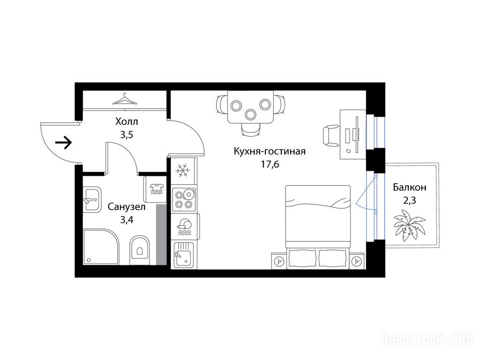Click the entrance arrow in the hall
point(63,142)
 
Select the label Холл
point(127,121)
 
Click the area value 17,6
point(270,165)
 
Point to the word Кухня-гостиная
point(270,151)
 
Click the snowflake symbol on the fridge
point(183,170)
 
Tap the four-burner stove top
point(184,199)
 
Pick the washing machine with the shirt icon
point(155,189)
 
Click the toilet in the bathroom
point(140,250)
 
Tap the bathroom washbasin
point(91,199)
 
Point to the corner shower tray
point(100,247)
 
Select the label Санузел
point(127,207)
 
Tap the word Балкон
point(410,187)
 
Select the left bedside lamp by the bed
point(279,261)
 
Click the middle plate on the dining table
point(251,114)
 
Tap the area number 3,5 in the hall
point(127,135)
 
